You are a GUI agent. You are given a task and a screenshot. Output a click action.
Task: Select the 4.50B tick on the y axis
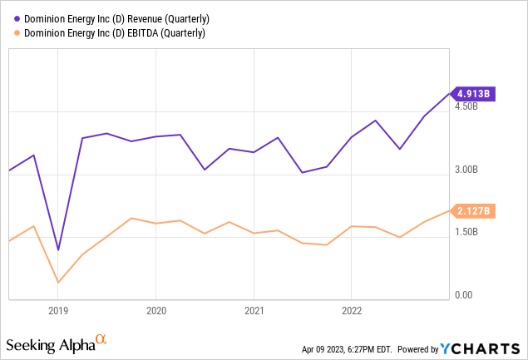pos(466,106)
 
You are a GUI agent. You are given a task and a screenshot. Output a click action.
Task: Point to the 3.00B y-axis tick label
pos(466,170)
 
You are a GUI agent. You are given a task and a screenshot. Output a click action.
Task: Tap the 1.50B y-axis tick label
pos(466,232)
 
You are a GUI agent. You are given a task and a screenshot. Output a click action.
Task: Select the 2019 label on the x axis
pos(57,311)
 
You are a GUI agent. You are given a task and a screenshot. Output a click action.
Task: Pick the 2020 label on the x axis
pos(155,311)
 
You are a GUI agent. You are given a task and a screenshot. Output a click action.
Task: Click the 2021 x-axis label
pos(254,311)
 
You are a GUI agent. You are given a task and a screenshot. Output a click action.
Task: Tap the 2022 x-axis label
pos(351,311)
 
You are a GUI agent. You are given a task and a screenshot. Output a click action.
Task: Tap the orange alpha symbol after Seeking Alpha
pos(101,340)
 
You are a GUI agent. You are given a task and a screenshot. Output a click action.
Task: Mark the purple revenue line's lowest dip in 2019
pos(58,249)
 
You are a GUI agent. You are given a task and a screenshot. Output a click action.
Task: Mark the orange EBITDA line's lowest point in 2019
pos(58,283)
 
